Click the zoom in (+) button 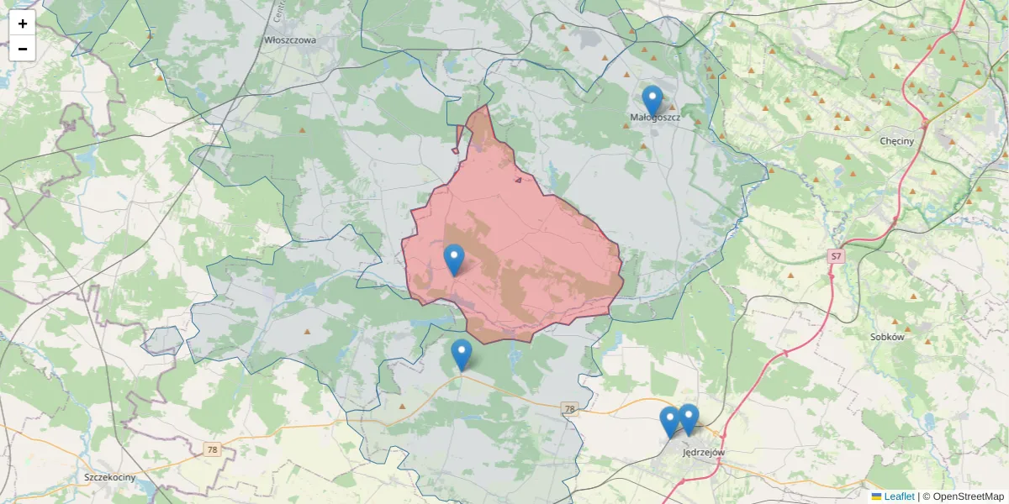pos(23,24)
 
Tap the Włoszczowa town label pos(290,39)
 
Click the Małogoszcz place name pos(655,118)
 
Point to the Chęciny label pos(896,141)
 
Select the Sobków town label pos(887,337)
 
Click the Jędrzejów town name pos(704,452)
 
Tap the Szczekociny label pos(111,477)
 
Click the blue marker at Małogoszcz pos(652,101)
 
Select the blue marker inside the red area pos(453,260)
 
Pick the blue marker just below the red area pos(461,354)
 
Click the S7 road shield pos(835,255)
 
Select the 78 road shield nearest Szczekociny pos(212,450)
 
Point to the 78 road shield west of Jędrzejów pos(570,409)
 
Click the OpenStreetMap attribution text pos(969,496)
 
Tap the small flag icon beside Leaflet pos(877,496)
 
